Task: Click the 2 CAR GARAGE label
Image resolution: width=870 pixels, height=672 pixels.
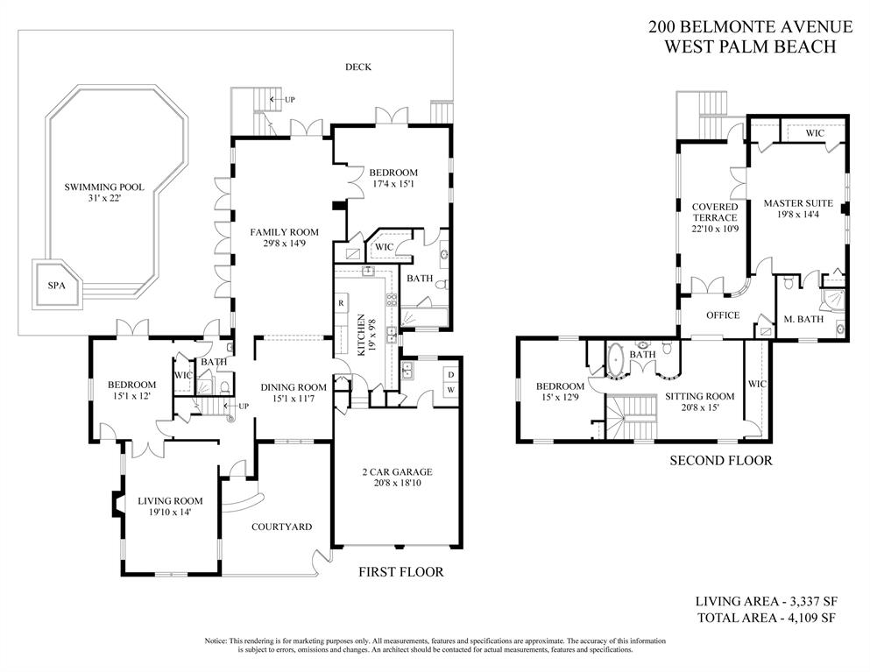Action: coord(398,472)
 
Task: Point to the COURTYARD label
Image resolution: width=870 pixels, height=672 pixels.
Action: coord(281,527)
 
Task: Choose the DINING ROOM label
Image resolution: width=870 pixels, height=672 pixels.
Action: coord(294,387)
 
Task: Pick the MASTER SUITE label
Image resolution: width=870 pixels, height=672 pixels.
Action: coord(797,204)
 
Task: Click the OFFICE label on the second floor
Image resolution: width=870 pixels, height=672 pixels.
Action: coord(723,315)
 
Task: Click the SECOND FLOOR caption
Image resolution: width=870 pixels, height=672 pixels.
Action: coord(721,460)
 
